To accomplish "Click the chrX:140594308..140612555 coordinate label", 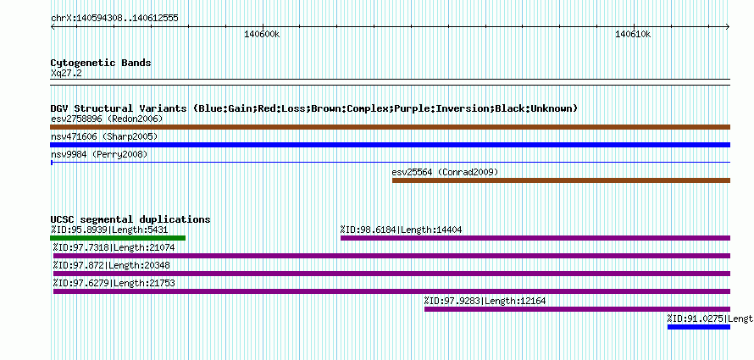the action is (114, 19).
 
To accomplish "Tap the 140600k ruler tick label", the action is (262, 34).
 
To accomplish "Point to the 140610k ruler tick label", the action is (634, 34).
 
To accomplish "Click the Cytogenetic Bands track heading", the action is (101, 63).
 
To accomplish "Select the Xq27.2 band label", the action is (66, 73).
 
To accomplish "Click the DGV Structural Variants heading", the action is (314, 108).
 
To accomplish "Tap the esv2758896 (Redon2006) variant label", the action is (107, 119).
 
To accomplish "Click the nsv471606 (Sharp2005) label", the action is (104, 137).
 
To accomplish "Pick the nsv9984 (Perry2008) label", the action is (99, 155).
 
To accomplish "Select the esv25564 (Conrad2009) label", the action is (445, 172).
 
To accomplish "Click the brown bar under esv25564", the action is (561, 180).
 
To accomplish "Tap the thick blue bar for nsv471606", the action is (391, 145).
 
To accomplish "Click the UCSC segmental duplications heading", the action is (130, 219).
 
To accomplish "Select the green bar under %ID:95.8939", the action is (118, 238).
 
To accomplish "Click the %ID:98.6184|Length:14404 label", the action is (401, 230).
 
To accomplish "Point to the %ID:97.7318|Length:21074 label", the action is (114, 247).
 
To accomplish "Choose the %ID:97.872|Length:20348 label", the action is (111, 265).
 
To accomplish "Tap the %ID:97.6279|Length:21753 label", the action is (114, 283).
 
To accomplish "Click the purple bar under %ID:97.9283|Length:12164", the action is (577, 309).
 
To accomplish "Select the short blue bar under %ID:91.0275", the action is (699, 327).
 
